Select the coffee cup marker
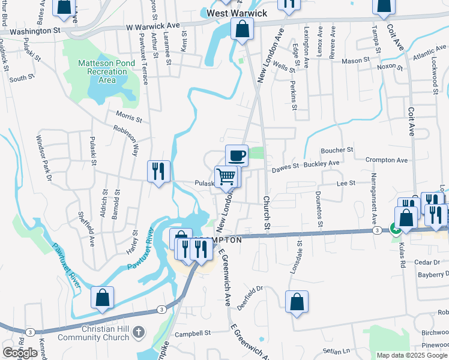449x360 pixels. click(237, 156)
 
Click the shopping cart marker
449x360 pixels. click(226, 176)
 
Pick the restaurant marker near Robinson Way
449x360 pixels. click(158, 172)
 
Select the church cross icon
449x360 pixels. click(138, 331)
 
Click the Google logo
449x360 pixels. click(20, 353)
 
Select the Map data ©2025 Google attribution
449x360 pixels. click(412, 355)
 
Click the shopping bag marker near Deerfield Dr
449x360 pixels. click(297, 302)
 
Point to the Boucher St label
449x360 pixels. click(337, 150)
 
